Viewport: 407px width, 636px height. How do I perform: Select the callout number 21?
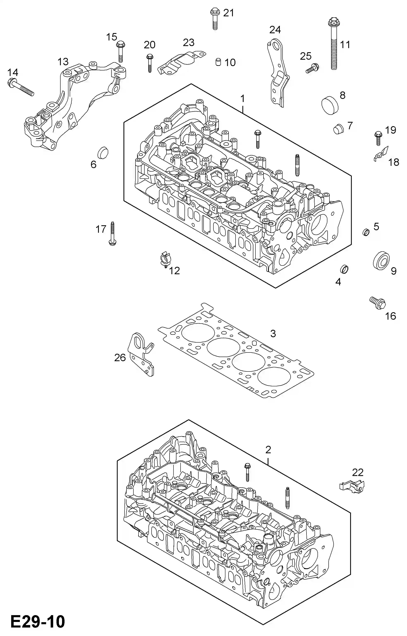229,13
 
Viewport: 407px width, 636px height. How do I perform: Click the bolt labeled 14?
21,87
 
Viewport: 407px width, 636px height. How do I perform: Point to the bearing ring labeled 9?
381,261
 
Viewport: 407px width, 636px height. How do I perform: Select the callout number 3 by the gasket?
273,333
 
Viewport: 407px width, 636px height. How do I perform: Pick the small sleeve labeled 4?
344,269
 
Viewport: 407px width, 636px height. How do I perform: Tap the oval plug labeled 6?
103,152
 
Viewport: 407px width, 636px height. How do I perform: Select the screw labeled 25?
312,68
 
